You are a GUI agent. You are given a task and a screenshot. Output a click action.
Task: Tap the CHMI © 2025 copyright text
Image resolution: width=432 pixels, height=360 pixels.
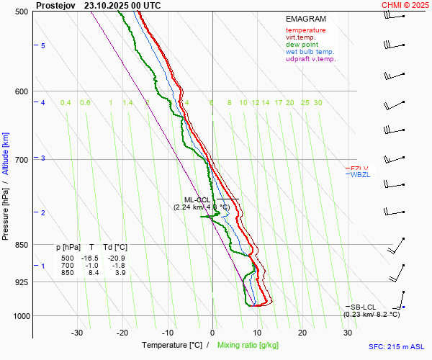(x=407, y=5)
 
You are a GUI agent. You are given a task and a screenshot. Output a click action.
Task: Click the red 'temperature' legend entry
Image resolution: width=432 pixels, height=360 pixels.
(x=305, y=30)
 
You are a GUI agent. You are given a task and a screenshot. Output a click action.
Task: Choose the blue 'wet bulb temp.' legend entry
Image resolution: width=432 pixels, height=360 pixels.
(x=310, y=52)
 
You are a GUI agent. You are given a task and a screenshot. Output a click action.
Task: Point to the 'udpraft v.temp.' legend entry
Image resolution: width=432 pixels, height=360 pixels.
(x=310, y=59)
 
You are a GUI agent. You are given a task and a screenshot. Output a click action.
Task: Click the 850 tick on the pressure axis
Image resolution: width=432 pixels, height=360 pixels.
(x=22, y=245)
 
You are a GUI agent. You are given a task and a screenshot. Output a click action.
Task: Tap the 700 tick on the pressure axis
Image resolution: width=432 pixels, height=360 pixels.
(x=22, y=159)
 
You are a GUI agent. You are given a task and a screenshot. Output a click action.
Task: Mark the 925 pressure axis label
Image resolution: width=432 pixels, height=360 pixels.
(x=22, y=282)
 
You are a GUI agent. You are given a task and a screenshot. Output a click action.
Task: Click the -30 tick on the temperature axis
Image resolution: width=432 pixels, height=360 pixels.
(x=77, y=333)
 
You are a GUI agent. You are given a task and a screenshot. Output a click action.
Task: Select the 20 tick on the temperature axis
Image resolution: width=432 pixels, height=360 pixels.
(x=302, y=333)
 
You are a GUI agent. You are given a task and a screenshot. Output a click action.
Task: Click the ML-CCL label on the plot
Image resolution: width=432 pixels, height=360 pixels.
(x=197, y=200)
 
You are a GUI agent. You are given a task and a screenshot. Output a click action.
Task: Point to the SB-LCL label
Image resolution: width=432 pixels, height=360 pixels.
(x=364, y=307)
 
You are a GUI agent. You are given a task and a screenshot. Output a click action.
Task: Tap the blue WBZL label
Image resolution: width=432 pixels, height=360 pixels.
(x=359, y=175)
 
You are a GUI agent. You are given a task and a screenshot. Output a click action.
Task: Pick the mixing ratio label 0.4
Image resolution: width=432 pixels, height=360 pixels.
(x=66, y=103)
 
